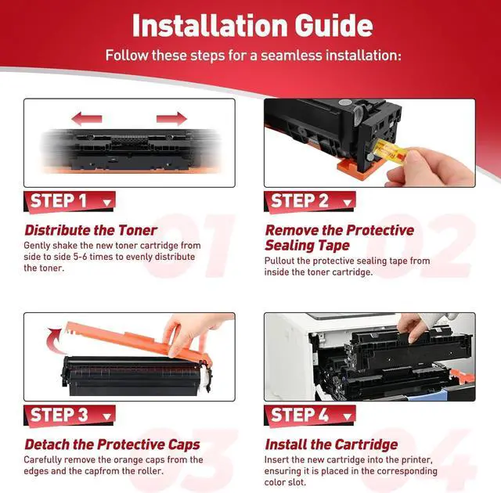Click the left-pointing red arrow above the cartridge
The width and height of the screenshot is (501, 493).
[x=87, y=119]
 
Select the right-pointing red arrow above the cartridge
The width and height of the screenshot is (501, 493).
[x=171, y=119]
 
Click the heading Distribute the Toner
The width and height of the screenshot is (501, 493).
[x=90, y=230]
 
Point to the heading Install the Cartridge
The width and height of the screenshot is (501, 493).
[x=331, y=444]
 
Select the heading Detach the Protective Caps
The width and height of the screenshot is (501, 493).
[x=111, y=444]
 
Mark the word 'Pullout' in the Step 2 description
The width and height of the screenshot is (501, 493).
[x=281, y=261]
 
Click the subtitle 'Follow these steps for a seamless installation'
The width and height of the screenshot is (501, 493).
[x=254, y=56]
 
